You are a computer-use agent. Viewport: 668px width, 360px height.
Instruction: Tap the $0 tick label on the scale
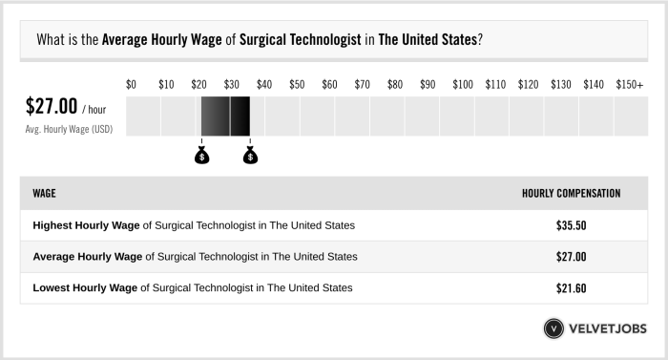[x=132, y=85]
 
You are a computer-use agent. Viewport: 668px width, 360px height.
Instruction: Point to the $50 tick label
[x=297, y=85]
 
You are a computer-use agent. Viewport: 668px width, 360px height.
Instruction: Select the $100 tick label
[x=463, y=85]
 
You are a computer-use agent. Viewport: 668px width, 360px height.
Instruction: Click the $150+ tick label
[x=630, y=85]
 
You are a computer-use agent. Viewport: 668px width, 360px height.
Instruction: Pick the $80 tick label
[x=395, y=85]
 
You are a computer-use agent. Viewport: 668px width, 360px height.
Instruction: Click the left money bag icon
[x=201, y=156]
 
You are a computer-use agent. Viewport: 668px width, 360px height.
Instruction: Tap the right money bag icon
[x=250, y=156]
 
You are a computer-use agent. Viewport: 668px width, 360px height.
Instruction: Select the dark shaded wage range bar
[x=225, y=116]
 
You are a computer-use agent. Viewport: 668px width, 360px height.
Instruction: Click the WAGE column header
[x=44, y=193]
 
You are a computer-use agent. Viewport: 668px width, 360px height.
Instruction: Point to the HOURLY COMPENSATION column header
[x=571, y=193]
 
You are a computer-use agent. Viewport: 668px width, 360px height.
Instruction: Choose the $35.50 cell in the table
[x=571, y=225]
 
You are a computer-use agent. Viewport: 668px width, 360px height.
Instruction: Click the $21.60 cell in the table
[x=571, y=287]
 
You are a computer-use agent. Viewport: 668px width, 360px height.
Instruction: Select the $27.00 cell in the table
[x=571, y=257]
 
